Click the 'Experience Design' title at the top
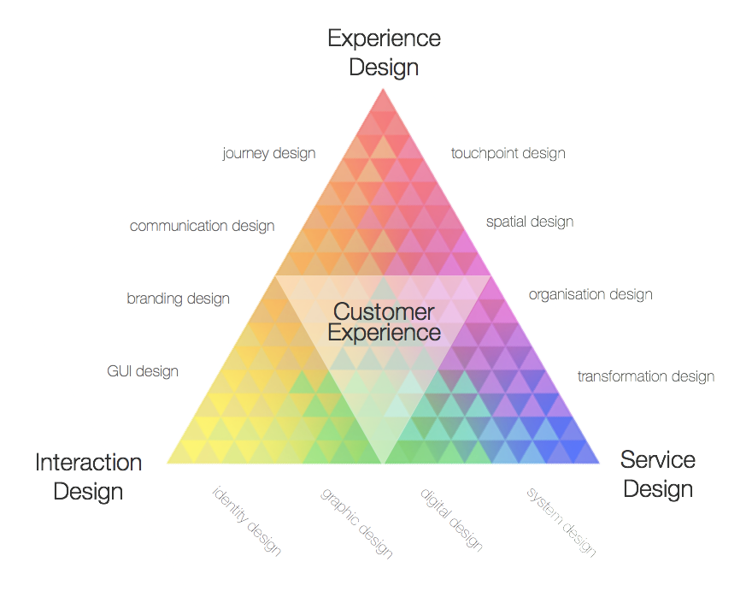384,52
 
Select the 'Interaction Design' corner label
88,476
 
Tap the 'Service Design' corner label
657,474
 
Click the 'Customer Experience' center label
384,322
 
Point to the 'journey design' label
269,154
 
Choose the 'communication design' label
203,226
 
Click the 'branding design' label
179,299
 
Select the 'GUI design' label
143,371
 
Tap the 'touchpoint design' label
508,154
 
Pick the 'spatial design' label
530,222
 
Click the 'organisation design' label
590,294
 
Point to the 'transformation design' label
646,376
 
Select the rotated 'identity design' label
247,521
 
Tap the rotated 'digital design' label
452,519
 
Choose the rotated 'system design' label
561,521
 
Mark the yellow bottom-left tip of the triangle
171,461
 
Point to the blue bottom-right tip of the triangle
596,461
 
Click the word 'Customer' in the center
384,311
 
